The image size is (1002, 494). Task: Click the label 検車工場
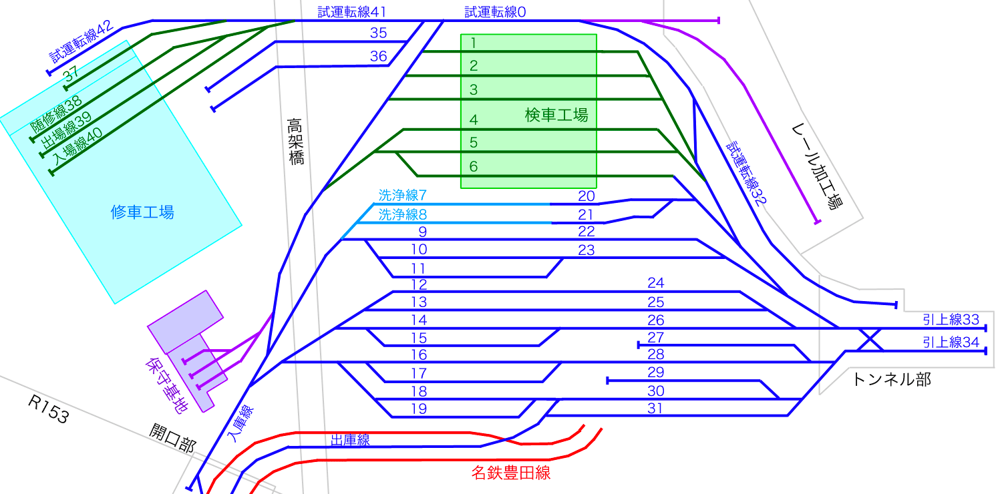[x=556, y=115]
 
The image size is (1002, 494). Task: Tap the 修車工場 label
[x=142, y=212]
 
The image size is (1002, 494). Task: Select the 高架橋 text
[x=296, y=142]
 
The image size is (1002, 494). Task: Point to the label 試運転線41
[x=351, y=11]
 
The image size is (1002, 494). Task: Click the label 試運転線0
[x=495, y=11]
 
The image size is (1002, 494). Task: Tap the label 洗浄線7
[x=402, y=196]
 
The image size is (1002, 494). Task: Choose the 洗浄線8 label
[x=402, y=215]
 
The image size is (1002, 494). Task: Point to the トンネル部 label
[x=891, y=380]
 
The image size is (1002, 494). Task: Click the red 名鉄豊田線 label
[x=510, y=473]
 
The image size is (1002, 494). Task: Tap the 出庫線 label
[x=350, y=440]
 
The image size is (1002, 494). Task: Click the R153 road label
[x=48, y=409]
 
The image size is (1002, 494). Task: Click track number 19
[x=418, y=409]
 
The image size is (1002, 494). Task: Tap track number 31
[x=655, y=408]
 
